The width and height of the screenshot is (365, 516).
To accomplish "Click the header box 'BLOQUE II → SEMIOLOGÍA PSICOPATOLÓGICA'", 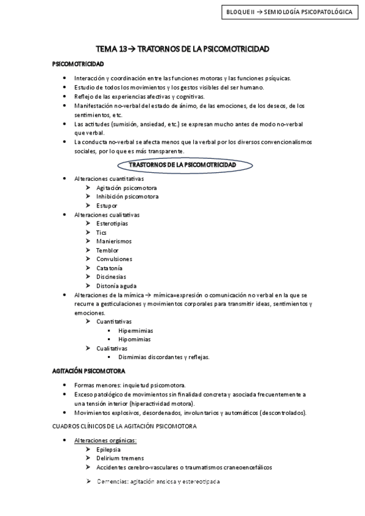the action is [289, 12].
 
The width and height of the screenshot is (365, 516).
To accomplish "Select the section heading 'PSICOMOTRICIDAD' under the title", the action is [78, 63].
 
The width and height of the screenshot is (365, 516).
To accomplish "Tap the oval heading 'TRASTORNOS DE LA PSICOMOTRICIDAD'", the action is [183, 165].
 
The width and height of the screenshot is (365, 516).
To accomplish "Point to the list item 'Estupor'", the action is [107, 206].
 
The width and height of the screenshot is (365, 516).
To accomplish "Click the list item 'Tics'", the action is [102, 232].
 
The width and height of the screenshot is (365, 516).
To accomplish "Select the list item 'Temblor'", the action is [107, 250].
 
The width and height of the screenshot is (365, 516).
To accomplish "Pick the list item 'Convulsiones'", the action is [114, 259].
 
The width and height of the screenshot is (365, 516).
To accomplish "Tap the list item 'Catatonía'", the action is [109, 268].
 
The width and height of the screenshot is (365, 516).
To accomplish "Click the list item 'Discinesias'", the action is [112, 277].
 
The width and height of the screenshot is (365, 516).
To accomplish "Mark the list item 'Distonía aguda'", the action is [116, 286].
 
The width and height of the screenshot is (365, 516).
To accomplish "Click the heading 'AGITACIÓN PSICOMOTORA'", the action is [90, 370].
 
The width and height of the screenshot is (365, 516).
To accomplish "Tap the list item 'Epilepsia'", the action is [108, 449].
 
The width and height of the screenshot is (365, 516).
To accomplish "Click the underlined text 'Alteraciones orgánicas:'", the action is [105, 440].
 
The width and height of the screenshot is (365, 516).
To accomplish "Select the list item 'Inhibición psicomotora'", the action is [127, 197].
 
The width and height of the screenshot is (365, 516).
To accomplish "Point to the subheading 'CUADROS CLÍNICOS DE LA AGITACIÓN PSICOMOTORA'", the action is [125, 427].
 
